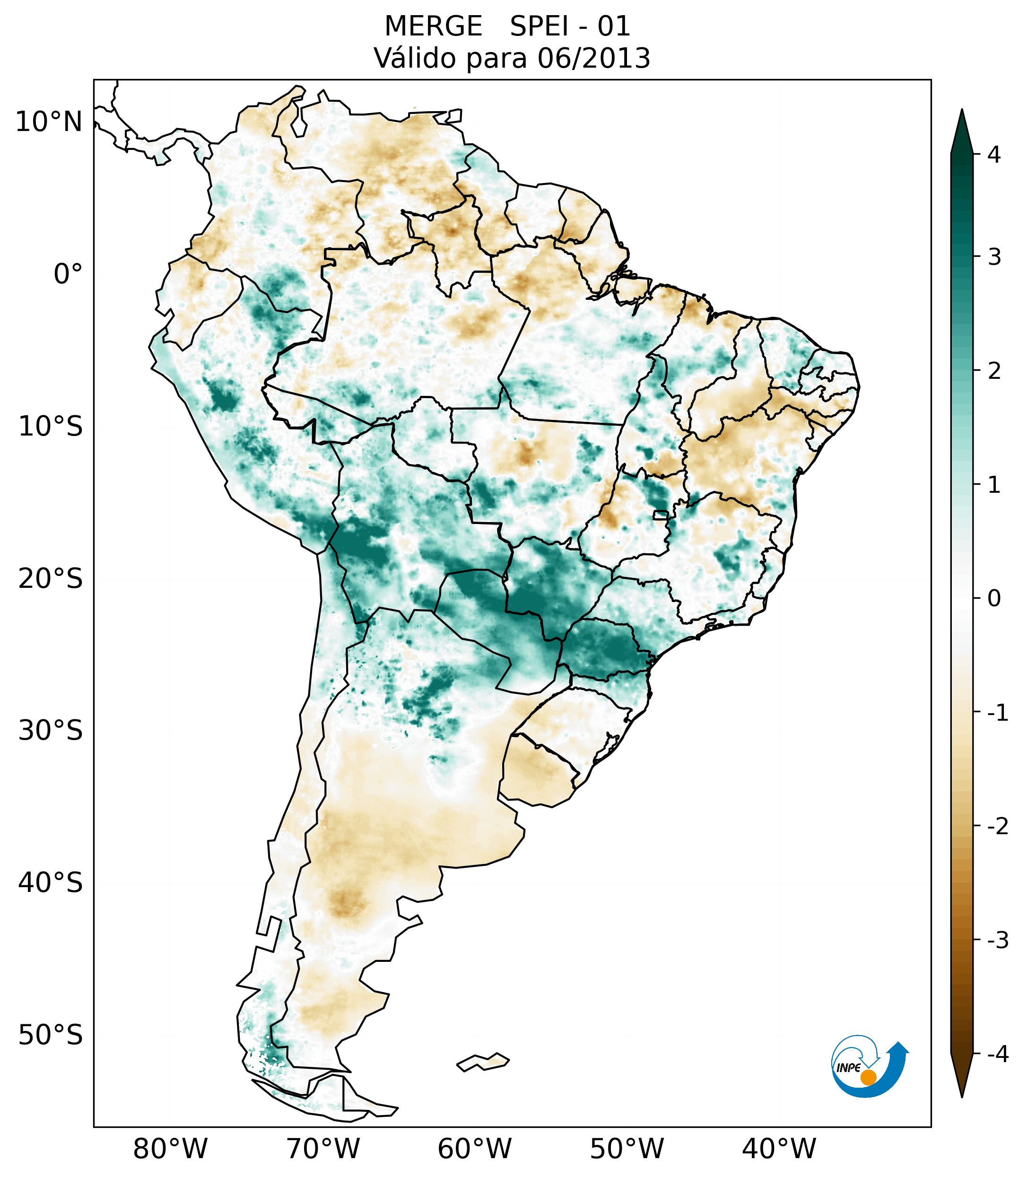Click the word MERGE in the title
[x=433, y=26]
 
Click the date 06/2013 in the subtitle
[x=593, y=58]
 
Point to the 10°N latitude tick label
[x=49, y=122]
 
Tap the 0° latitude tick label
[x=68, y=274]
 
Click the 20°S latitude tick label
[x=51, y=579]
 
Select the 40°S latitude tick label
[x=51, y=882]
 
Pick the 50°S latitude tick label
[x=51, y=1035]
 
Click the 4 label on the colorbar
[x=994, y=155]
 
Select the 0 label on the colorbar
[x=994, y=598]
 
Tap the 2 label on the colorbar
[x=994, y=371]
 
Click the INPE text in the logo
[x=848, y=1068]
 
